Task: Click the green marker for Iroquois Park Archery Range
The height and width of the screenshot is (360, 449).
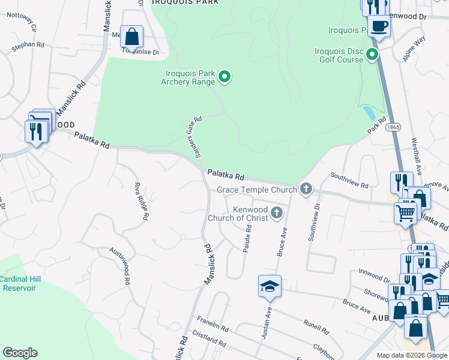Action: click(224, 76)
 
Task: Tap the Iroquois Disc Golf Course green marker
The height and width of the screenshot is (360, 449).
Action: click(372, 56)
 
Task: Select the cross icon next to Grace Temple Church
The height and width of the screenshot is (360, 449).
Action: click(306, 190)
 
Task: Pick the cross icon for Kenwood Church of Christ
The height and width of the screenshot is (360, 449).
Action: click(277, 212)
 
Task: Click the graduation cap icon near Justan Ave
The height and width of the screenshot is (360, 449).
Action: click(270, 286)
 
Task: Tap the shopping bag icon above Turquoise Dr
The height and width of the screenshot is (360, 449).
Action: click(131, 37)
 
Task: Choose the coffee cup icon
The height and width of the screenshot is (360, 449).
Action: click(379, 26)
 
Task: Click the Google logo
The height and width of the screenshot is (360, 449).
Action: click(20, 353)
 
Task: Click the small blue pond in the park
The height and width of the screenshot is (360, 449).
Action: click(369, 113)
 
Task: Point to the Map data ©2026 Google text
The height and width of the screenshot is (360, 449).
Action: click(412, 355)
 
